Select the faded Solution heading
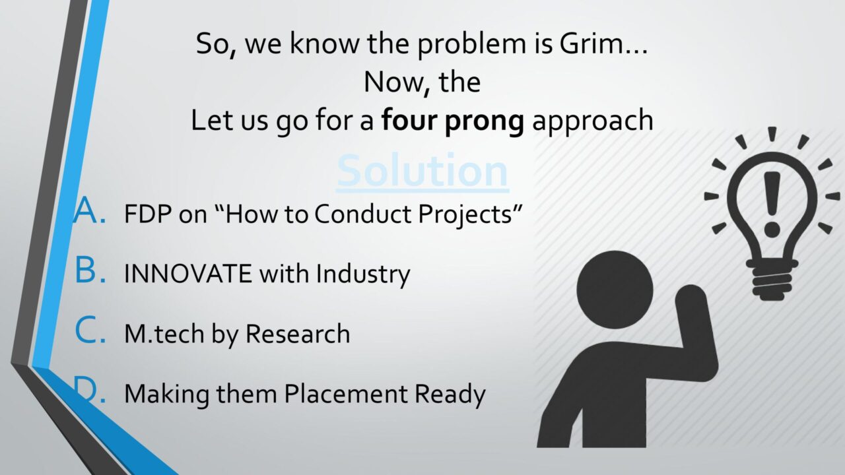tap(422, 171)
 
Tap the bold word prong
tap(484, 121)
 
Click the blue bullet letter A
tap(89, 210)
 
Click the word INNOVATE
tap(188, 274)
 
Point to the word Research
tap(298, 334)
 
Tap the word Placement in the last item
tap(345, 394)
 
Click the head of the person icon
tap(615, 290)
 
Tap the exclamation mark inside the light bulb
tap(772, 205)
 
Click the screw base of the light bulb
tap(772, 280)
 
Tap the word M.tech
tap(164, 334)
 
